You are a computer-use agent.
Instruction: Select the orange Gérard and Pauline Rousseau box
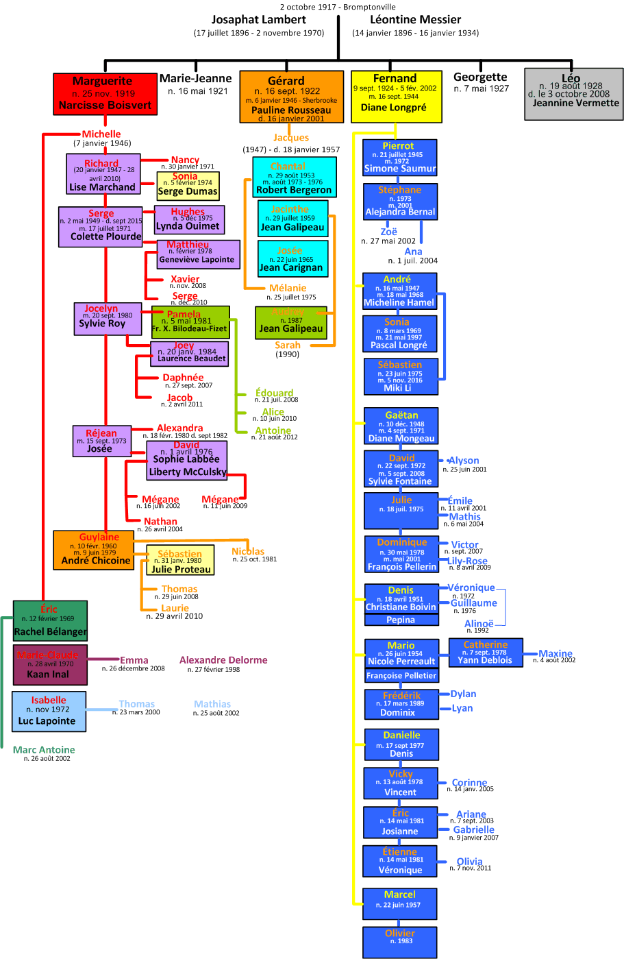pyautogui.click(x=291, y=97)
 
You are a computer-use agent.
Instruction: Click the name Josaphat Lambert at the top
pyautogui.click(x=259, y=20)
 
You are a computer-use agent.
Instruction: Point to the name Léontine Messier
pyautogui.click(x=415, y=20)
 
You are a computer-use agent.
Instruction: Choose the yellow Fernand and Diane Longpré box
pyautogui.click(x=395, y=96)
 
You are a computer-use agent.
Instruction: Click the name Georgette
pyautogui.click(x=480, y=77)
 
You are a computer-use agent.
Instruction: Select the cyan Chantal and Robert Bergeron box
pyautogui.click(x=294, y=178)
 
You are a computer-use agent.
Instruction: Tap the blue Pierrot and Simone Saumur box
pyautogui.click(x=399, y=158)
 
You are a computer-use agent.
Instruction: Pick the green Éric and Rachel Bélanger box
pyautogui.click(x=50, y=620)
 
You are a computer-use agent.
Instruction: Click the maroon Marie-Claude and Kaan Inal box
pyautogui.click(x=50, y=664)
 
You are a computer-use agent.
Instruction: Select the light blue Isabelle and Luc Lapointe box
pyautogui.click(x=49, y=711)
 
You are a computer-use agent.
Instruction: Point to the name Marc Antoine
pyautogui.click(x=44, y=750)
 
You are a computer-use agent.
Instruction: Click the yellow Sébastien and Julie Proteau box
pyautogui.click(x=180, y=560)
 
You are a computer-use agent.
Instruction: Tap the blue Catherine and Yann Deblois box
pyautogui.click(x=485, y=653)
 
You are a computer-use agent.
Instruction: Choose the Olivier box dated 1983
pyautogui.click(x=399, y=942)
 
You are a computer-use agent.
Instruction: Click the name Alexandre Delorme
pyautogui.click(x=223, y=660)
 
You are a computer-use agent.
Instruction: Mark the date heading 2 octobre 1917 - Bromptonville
pyautogui.click(x=338, y=7)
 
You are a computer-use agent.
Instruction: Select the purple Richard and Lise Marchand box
pyautogui.click(x=103, y=174)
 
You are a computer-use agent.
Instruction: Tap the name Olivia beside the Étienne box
pyautogui.click(x=469, y=862)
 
